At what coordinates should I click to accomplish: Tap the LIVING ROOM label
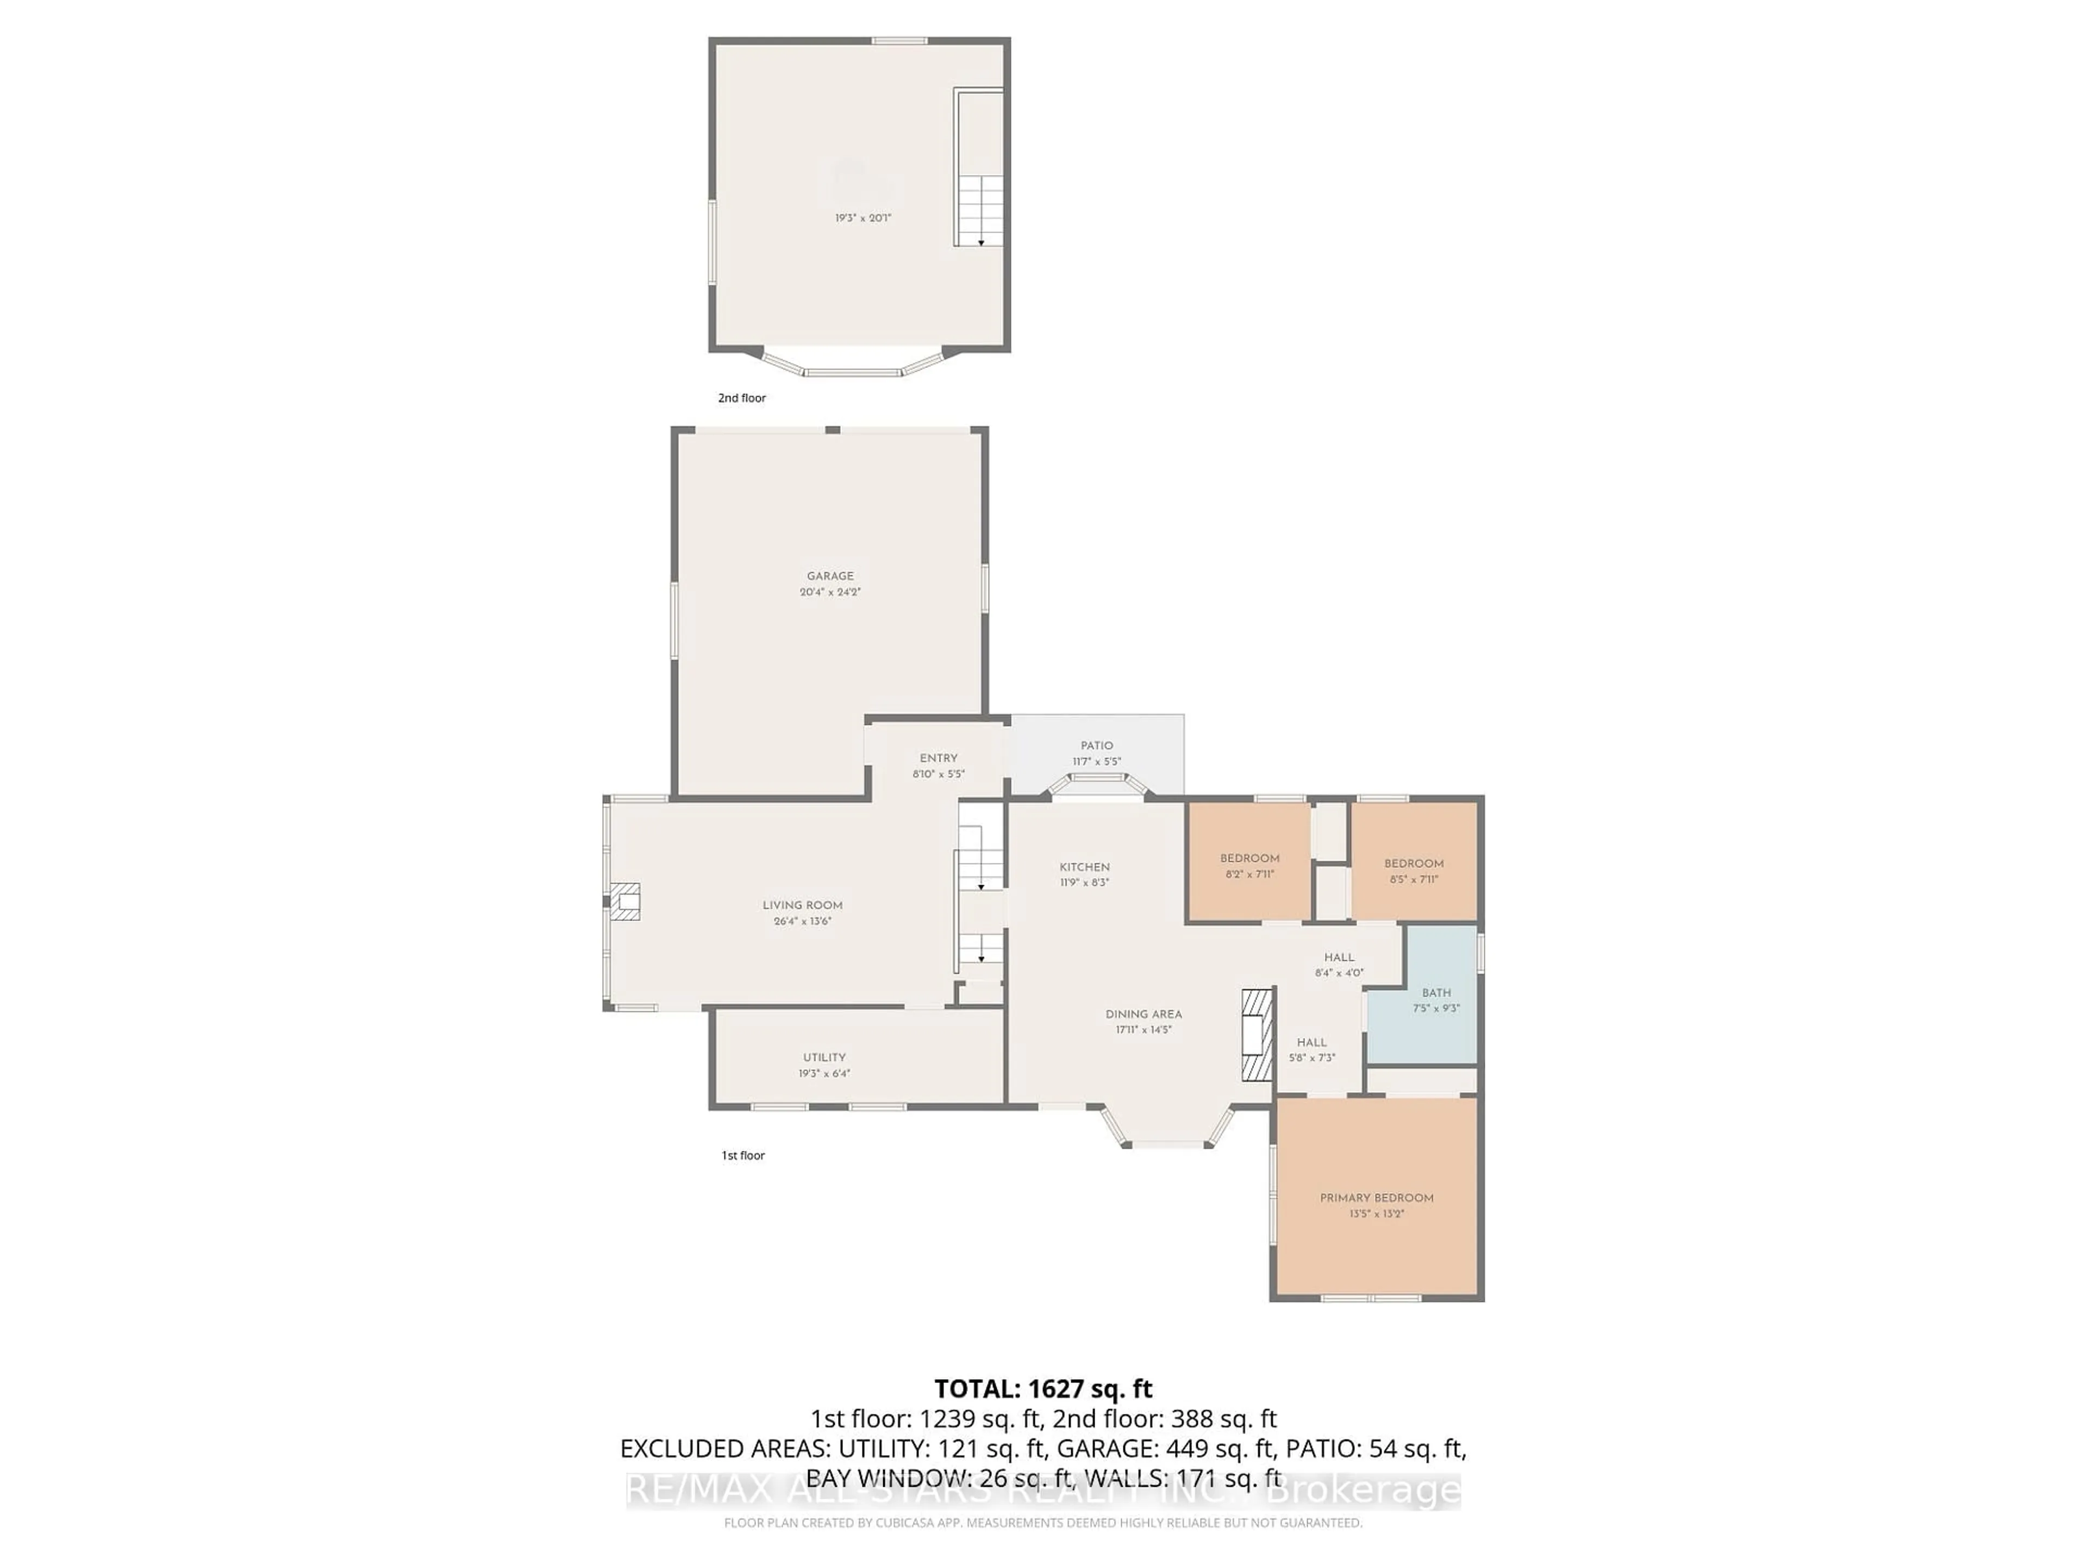(x=802, y=905)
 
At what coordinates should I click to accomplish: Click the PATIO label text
(x=1096, y=745)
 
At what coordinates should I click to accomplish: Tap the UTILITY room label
(x=824, y=1057)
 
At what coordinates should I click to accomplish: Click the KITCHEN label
(x=1084, y=867)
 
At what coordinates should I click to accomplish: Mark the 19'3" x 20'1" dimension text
(x=863, y=218)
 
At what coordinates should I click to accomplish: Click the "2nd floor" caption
(x=741, y=398)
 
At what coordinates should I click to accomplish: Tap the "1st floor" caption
(x=742, y=1156)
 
